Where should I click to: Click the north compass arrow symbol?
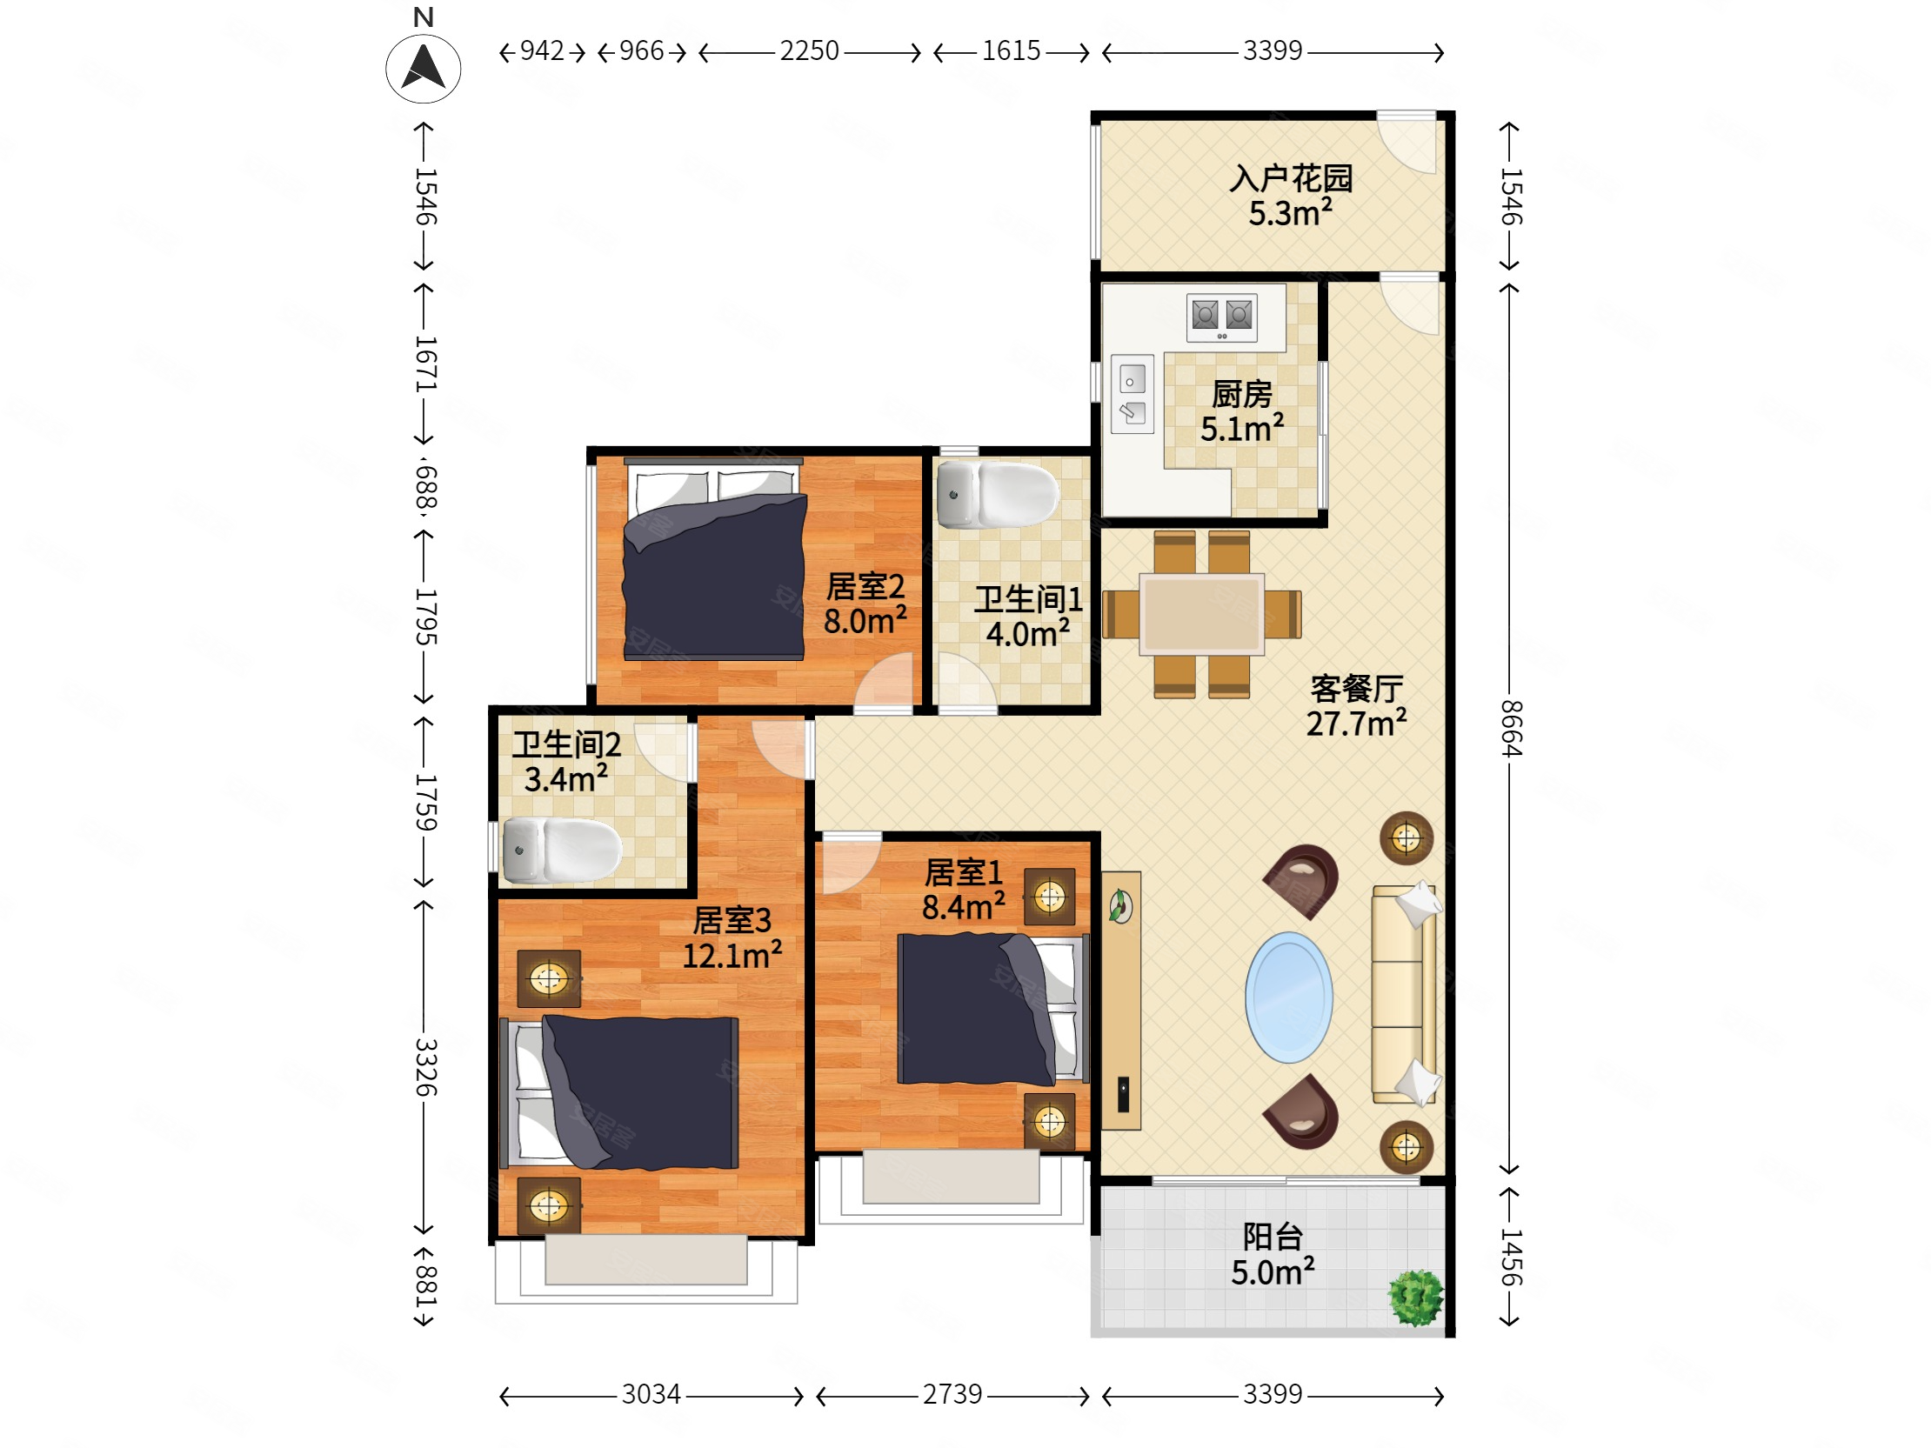click(424, 68)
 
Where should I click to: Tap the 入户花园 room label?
click(1290, 179)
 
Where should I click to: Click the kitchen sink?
click(1133, 394)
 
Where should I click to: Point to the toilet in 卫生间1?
click(998, 495)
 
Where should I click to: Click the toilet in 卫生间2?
click(562, 850)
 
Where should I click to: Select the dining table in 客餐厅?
click(1202, 615)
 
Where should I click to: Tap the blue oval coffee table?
click(1288, 998)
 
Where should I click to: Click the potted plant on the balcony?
click(1415, 1298)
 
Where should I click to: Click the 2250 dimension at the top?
click(809, 50)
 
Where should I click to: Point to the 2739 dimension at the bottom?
click(952, 1394)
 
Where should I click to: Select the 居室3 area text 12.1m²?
click(732, 956)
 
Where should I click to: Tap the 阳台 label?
click(1273, 1237)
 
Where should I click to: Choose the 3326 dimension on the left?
click(425, 1066)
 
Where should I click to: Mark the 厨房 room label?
click(1241, 395)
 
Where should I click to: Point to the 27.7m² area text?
click(1356, 724)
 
